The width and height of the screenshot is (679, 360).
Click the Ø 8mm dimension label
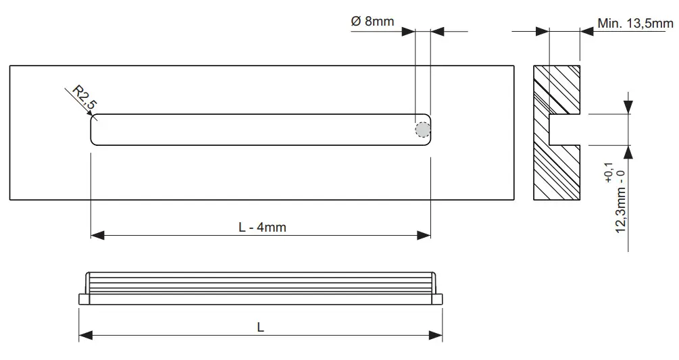click(x=372, y=21)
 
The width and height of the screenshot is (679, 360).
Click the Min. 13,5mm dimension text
click(x=635, y=24)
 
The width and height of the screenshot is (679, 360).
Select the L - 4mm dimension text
click(x=262, y=227)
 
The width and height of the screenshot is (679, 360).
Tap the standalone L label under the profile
click(x=261, y=327)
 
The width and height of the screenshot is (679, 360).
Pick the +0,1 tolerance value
click(x=609, y=173)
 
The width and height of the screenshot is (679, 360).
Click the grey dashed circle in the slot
click(x=422, y=130)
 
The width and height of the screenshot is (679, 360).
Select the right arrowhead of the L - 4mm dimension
click(x=424, y=235)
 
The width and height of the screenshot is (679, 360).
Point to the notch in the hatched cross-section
click(x=565, y=130)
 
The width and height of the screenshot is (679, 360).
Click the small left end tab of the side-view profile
click(x=83, y=299)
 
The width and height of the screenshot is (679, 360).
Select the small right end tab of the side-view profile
click(x=438, y=299)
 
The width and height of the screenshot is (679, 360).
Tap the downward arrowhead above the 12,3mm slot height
click(x=629, y=108)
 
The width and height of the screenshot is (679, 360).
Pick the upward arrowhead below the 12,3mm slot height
click(x=629, y=151)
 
